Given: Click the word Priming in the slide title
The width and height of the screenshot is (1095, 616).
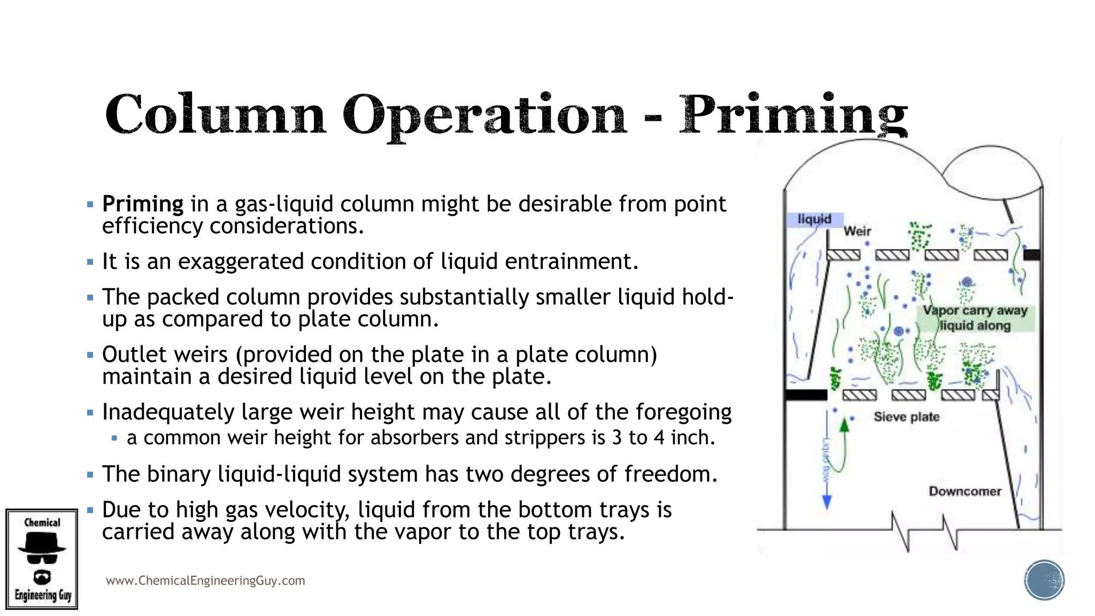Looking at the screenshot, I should coord(793,114).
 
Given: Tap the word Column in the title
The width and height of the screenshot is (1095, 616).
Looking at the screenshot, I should coord(215,114).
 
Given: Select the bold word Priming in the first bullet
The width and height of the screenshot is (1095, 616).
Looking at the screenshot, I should coord(143,204).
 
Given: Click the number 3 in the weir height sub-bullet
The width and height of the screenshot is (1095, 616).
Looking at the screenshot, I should coord(617,438).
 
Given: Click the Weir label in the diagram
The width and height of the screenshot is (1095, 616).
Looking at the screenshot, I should coord(857,231).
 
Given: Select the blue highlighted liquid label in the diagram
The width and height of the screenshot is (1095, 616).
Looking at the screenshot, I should coord(815,219).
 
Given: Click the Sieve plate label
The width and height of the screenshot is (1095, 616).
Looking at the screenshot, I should coord(906,417).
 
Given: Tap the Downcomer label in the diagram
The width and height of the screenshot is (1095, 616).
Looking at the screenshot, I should coord(965,491).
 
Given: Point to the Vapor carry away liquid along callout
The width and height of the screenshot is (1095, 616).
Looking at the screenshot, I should coord(975,318).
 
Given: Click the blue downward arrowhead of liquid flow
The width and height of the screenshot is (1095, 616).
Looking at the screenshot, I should coord(827,502).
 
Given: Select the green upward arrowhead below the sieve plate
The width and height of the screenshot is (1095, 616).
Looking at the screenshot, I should coord(844,426).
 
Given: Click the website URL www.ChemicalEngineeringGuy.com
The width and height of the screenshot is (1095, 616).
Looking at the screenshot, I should coord(205,581).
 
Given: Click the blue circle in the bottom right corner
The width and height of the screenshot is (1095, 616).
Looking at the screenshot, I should coord(1044,580).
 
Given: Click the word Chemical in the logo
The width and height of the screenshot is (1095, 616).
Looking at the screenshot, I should coord(42,522).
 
